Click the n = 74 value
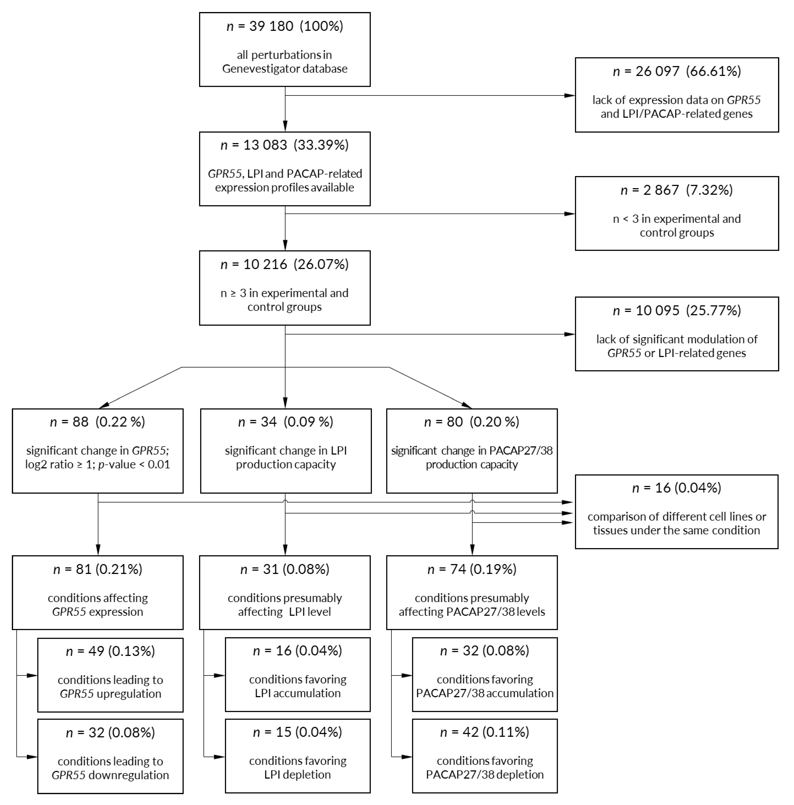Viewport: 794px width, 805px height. point(446,569)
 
